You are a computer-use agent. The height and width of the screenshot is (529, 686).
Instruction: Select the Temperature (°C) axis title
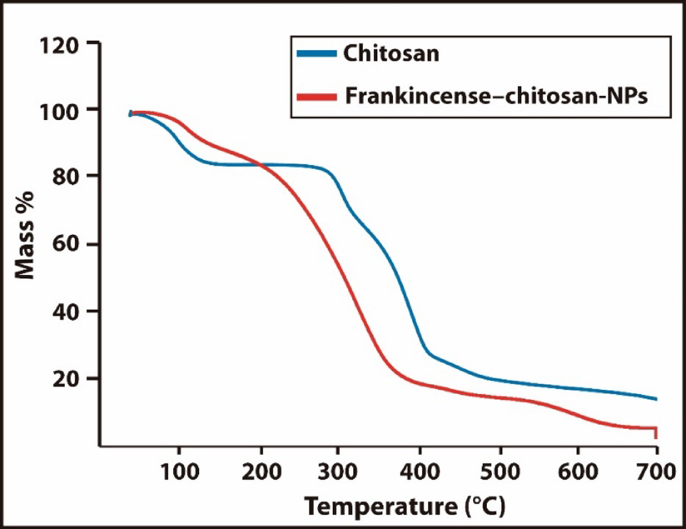pos(406,506)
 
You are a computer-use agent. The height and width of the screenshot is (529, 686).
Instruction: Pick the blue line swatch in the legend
pos(316,54)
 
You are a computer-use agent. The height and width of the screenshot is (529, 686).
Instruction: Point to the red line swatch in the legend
pos(316,97)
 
